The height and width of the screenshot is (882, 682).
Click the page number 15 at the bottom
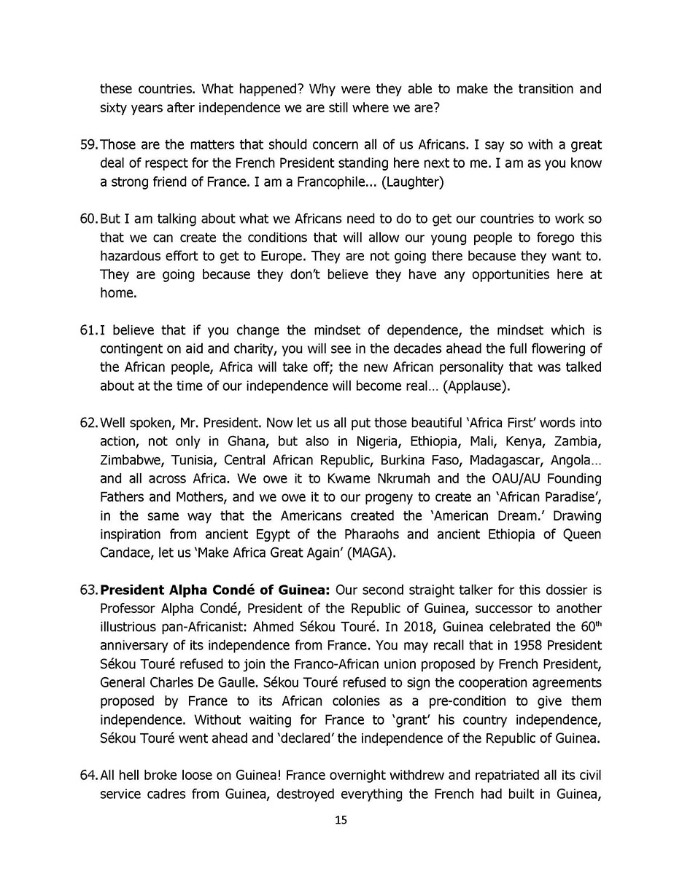click(341, 820)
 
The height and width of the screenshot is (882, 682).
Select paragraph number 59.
click(88, 144)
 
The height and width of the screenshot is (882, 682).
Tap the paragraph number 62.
click(88, 423)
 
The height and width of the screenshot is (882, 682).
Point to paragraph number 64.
click(88, 775)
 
